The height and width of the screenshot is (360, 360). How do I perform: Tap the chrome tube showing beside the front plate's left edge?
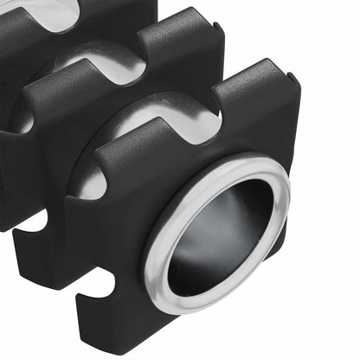click(88, 182)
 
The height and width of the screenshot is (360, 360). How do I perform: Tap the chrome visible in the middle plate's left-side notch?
click(19, 121)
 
